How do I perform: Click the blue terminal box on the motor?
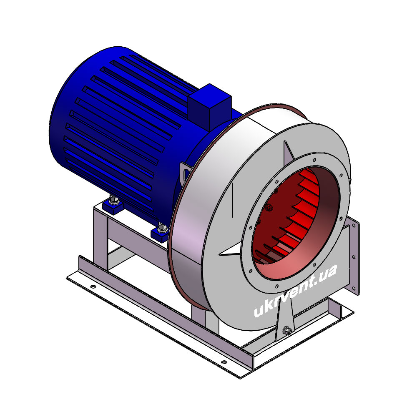(210, 106)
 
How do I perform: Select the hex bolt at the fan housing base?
(287, 331)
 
